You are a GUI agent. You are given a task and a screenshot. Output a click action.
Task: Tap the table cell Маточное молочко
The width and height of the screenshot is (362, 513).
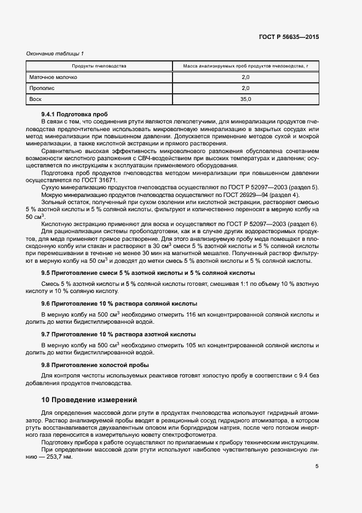53,77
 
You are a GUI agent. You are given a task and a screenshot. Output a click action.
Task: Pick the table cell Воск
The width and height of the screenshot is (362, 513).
36,99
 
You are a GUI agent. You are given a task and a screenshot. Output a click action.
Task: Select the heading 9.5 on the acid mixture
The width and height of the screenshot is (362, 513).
148,273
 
